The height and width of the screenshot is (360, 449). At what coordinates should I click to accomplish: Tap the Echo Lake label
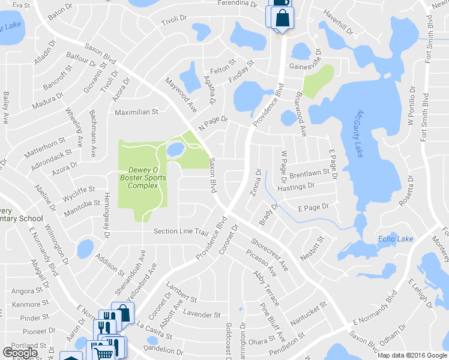[x=396, y=239]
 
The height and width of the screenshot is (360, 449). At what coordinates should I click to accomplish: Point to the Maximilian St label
[x=136, y=112]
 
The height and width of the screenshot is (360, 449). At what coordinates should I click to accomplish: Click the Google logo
[x=20, y=352]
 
